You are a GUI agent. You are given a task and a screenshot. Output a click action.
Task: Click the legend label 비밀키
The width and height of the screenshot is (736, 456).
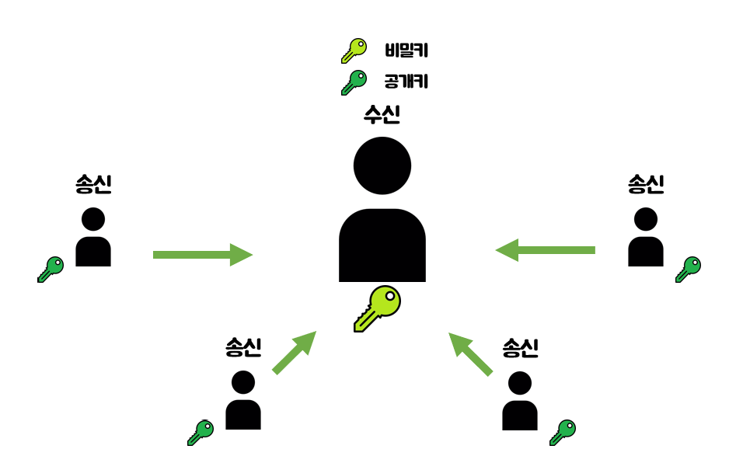(x=406, y=51)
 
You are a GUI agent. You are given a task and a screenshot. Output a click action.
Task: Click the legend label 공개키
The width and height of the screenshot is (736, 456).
(x=406, y=81)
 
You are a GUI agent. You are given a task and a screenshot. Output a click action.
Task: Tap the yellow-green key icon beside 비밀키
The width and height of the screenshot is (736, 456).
(x=354, y=50)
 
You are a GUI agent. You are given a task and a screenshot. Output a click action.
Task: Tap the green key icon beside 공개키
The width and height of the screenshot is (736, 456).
(x=354, y=82)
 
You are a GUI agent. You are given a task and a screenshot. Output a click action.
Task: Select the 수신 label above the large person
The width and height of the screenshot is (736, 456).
(x=382, y=115)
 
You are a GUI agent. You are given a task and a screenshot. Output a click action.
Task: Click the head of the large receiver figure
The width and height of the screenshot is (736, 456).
(x=382, y=165)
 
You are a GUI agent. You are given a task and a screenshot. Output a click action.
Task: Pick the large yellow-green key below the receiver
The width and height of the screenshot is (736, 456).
(x=378, y=308)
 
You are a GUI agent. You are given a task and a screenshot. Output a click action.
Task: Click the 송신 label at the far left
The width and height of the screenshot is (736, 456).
(x=93, y=184)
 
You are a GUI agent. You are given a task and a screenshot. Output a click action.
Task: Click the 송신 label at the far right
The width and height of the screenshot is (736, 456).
(x=646, y=184)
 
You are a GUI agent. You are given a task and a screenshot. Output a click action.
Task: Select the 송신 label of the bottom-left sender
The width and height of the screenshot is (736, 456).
(x=243, y=347)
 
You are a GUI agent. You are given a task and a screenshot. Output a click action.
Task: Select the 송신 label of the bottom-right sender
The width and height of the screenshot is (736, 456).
(x=520, y=347)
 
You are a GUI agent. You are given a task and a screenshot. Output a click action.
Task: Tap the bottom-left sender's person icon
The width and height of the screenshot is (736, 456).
(x=243, y=401)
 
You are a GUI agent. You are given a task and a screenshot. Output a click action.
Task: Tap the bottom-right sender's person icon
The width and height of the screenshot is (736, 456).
(x=520, y=401)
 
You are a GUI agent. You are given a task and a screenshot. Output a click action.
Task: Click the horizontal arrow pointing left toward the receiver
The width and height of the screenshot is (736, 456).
(x=546, y=250)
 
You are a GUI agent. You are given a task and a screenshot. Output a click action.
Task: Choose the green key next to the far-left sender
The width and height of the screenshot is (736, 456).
(x=51, y=270)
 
